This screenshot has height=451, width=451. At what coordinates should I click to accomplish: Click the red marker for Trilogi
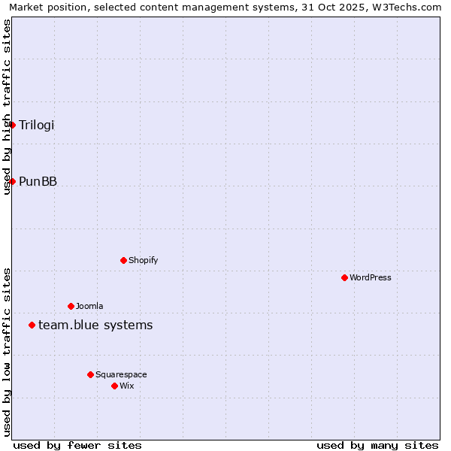click(12, 125)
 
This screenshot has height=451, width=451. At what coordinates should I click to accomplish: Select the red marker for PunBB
click(12, 181)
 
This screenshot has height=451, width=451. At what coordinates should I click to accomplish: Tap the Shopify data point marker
click(123, 260)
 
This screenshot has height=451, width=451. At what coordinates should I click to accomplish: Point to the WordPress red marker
click(344, 277)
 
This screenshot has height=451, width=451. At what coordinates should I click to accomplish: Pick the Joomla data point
click(71, 306)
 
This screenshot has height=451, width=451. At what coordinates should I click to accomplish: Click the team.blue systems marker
click(32, 325)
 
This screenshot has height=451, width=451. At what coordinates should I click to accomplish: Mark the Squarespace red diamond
click(90, 374)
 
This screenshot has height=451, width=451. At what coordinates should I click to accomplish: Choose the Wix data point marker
click(114, 386)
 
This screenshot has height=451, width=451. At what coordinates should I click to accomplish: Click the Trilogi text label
click(37, 125)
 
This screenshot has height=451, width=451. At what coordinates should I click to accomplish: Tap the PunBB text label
click(38, 181)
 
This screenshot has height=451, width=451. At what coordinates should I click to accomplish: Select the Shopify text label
click(143, 260)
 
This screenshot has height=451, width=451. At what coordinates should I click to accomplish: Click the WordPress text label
click(370, 277)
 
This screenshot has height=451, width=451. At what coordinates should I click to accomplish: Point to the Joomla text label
click(89, 306)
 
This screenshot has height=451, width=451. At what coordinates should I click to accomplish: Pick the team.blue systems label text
click(95, 325)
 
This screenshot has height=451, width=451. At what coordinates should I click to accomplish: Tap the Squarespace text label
click(121, 374)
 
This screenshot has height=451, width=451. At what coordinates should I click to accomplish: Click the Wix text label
click(127, 386)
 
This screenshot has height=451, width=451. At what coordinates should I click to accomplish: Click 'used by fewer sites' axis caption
click(77, 445)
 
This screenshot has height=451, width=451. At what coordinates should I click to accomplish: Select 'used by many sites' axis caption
click(377, 445)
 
